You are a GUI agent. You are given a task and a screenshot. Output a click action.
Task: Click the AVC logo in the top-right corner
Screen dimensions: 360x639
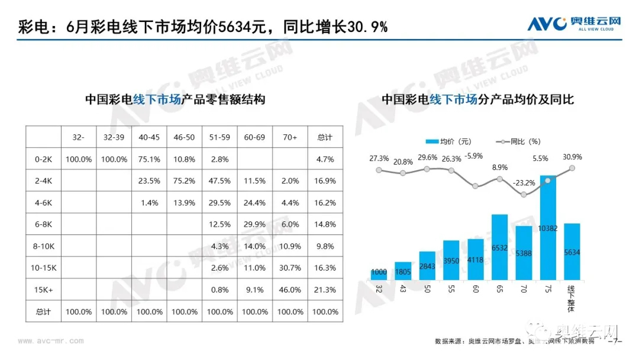[x=574, y=24]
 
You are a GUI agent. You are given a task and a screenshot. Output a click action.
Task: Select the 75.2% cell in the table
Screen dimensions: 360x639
[x=185, y=181]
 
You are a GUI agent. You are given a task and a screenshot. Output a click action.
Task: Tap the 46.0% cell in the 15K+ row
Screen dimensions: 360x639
[x=290, y=290]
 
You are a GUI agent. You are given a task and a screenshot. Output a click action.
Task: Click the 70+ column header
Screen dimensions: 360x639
[x=290, y=137]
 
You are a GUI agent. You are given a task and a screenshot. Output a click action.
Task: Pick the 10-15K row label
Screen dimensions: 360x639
[x=43, y=268]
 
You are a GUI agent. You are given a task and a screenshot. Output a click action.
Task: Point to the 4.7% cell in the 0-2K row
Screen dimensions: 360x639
[x=325, y=159]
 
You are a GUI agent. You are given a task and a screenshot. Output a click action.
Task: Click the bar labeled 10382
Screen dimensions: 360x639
[x=548, y=228]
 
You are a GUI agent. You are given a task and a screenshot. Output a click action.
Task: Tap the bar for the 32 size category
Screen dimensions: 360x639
[x=379, y=274]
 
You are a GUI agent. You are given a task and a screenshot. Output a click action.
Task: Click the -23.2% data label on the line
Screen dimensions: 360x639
[x=524, y=183]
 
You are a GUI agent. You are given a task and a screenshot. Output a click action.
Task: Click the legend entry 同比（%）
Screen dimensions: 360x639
[x=520, y=142]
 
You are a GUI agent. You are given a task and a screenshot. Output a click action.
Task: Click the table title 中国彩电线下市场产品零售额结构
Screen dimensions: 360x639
[x=175, y=99]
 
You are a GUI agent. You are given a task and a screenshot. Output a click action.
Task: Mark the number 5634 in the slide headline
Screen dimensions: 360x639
[x=236, y=27]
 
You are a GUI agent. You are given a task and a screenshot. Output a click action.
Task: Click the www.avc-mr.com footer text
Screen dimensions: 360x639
[x=51, y=341]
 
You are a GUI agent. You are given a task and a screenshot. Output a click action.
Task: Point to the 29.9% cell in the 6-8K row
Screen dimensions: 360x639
[x=255, y=224]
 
